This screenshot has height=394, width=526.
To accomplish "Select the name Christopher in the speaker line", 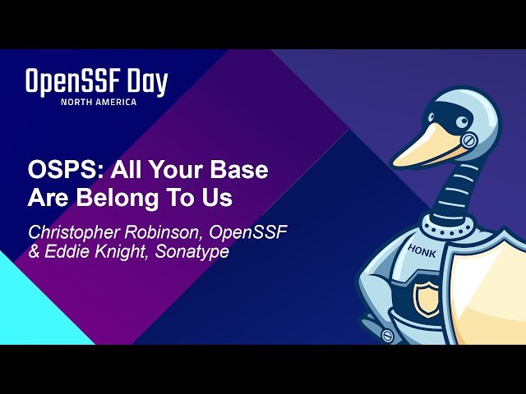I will tap(67, 231).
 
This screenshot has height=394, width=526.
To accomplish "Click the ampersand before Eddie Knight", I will tap(34, 252).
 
